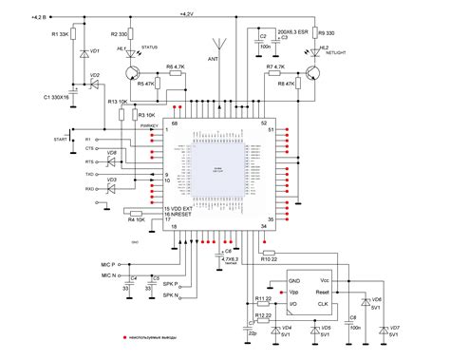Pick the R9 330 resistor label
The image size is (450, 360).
(x=327, y=33)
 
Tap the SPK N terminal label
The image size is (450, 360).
(x=171, y=295)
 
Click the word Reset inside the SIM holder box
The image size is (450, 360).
(x=322, y=294)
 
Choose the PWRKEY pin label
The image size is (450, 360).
(x=153, y=124)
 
